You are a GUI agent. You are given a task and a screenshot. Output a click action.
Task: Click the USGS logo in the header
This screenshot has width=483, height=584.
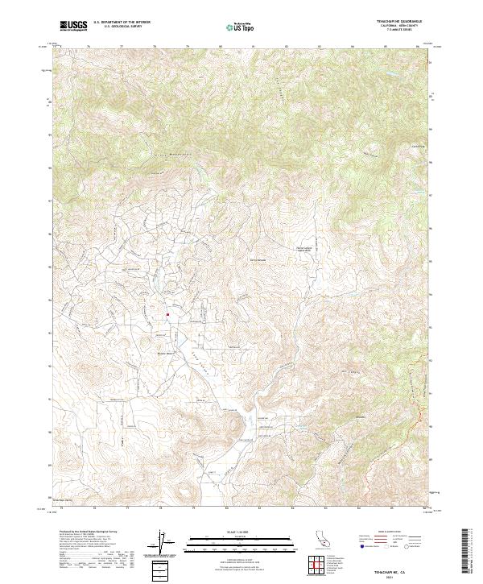tap(73, 26)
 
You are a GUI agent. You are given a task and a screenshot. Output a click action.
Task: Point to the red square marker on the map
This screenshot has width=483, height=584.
tap(167, 314)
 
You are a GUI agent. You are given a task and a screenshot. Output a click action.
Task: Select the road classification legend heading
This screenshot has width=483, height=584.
tap(385, 532)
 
